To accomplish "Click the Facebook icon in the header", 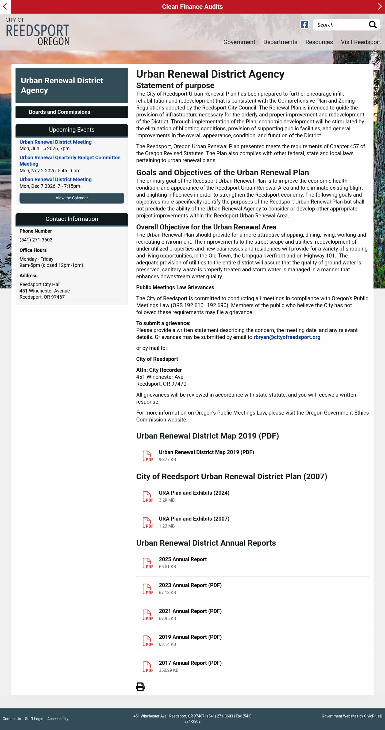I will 304,25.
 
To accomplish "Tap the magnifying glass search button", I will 372,25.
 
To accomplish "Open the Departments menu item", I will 280,42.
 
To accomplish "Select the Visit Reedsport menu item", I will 361,42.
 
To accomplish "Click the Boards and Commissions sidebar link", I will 59,112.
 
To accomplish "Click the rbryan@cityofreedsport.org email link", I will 287,337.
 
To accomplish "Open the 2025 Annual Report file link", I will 183,559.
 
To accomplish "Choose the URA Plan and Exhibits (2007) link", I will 194,519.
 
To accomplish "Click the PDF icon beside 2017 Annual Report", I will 148,666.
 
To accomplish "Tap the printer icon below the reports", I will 140,686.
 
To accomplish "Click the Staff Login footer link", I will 34,719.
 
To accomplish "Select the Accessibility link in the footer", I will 57,719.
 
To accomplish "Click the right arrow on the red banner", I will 380,6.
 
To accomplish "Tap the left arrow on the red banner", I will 5,6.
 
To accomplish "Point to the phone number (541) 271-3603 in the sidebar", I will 36,240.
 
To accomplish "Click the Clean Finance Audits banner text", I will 192,6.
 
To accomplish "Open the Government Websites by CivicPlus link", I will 352,716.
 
